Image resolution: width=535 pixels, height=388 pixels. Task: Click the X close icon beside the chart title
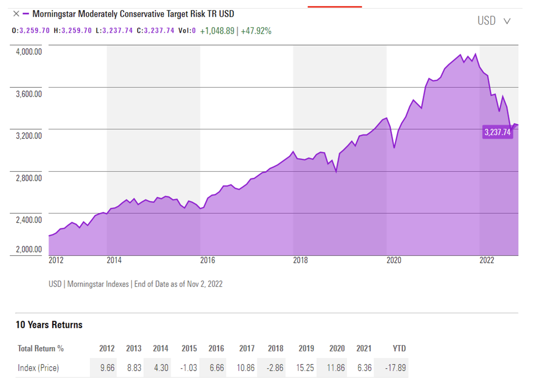coord(16,14)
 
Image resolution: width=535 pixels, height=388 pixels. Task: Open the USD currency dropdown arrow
coord(507,21)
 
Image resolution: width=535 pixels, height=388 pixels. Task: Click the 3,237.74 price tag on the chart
coord(497,132)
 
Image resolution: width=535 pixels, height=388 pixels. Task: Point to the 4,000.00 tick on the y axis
coord(29,52)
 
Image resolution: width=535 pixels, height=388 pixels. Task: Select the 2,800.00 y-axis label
coord(29,178)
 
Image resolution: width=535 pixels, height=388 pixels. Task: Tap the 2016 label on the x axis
coord(208,260)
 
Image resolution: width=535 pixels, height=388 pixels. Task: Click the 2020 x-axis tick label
coord(394,260)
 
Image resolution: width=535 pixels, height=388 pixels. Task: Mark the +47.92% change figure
coord(256,31)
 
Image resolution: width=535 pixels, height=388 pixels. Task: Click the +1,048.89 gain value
coord(217,31)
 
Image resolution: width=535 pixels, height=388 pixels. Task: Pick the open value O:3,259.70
coord(31,31)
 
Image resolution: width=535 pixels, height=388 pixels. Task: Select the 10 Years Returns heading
coord(49,325)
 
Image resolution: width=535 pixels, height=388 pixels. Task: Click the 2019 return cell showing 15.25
coord(305,368)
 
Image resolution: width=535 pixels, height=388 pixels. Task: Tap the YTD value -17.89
coord(395,368)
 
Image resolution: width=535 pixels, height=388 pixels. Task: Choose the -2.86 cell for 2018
coord(275,368)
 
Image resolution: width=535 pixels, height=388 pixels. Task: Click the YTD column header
coord(399,348)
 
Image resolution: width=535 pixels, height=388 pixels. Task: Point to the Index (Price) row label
coord(38,368)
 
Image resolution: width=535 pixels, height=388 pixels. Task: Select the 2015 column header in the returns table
coord(189,348)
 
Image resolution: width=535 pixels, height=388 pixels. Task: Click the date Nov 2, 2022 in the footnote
coord(205,284)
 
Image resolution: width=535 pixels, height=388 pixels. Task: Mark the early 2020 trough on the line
coord(394,148)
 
